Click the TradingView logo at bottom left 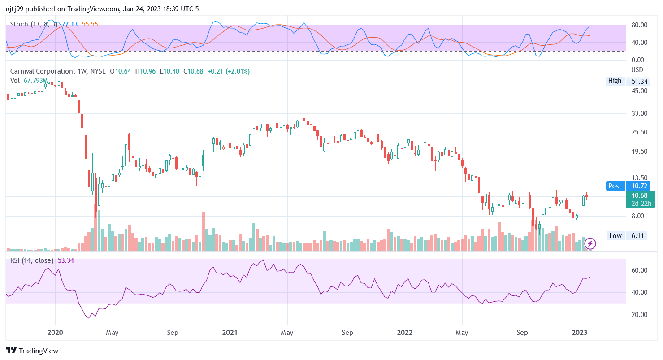click(32, 351)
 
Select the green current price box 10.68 click(639, 195)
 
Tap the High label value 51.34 click(639, 81)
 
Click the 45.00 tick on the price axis click(639, 91)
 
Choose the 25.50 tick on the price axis click(639, 132)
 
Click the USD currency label click(637, 70)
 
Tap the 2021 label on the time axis click(230, 333)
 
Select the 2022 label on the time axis click(404, 333)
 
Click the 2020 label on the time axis click(55, 333)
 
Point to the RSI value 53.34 click(66, 260)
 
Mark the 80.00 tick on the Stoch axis click(639, 25)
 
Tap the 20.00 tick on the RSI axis click(639, 315)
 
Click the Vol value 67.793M click(36, 81)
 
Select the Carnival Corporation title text click(41, 71)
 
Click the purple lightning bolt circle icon click(591, 243)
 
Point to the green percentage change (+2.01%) click(237, 71)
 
